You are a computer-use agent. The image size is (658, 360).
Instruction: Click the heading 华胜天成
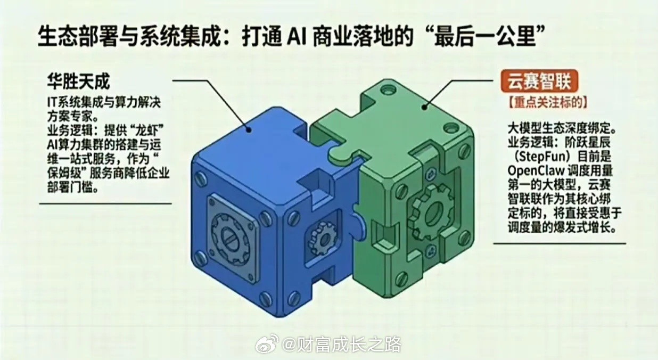[78, 81]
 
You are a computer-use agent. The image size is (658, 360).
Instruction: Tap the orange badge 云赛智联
[539, 81]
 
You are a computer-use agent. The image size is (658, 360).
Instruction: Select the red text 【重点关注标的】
[547, 103]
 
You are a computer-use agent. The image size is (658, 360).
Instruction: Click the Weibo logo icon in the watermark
[267, 343]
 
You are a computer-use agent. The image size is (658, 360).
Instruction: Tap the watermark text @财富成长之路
[341, 344]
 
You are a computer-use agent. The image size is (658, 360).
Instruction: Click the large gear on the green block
[431, 211]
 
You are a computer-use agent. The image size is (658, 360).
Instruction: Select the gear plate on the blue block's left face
[233, 239]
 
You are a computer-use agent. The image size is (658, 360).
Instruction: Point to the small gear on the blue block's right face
[323, 238]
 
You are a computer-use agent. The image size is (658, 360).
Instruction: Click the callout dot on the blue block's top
[249, 129]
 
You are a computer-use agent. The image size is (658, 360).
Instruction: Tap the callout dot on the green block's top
[424, 108]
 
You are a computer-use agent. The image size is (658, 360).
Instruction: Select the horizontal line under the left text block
[105, 203]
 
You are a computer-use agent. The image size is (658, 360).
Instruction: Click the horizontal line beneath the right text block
[560, 243]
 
